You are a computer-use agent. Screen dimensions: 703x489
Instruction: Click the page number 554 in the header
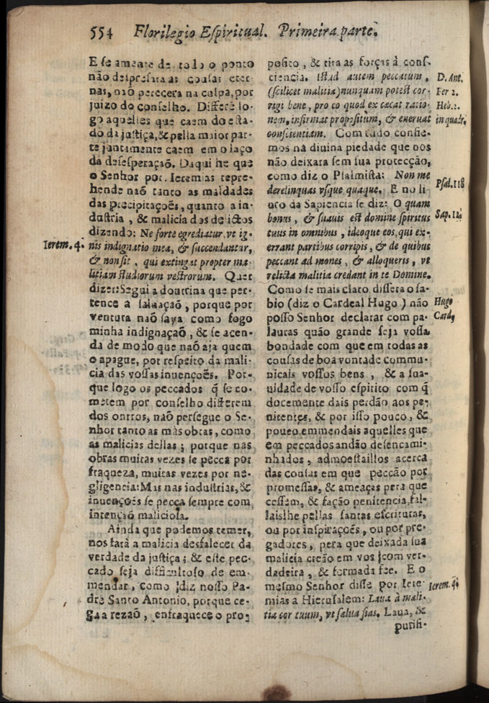pos(103,32)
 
